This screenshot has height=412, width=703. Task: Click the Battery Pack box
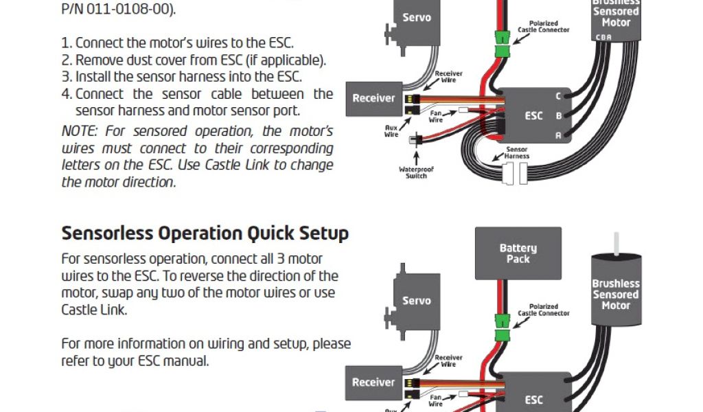pos(518,253)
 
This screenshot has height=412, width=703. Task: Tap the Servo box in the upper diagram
pos(416,17)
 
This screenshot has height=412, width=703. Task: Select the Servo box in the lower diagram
pos(416,301)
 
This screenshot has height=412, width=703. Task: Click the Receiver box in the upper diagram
pos(373,98)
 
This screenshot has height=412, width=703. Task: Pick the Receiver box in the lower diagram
pos(373,382)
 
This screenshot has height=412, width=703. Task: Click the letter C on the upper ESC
pos(558,96)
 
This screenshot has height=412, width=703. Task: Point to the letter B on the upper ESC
pos(558,115)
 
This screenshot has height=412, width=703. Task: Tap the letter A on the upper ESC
pos(558,135)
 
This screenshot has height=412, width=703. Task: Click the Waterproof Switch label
pos(416,172)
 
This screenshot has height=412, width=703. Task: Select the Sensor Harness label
pos(517,152)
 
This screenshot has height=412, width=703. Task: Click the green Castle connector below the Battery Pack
pos(503,327)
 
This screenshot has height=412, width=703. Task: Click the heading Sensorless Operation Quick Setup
pos(205,233)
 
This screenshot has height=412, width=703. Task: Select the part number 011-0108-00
pos(127,10)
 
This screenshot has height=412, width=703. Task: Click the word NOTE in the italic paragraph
pos(78,131)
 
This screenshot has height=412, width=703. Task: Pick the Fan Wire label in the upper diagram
pos(436,116)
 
